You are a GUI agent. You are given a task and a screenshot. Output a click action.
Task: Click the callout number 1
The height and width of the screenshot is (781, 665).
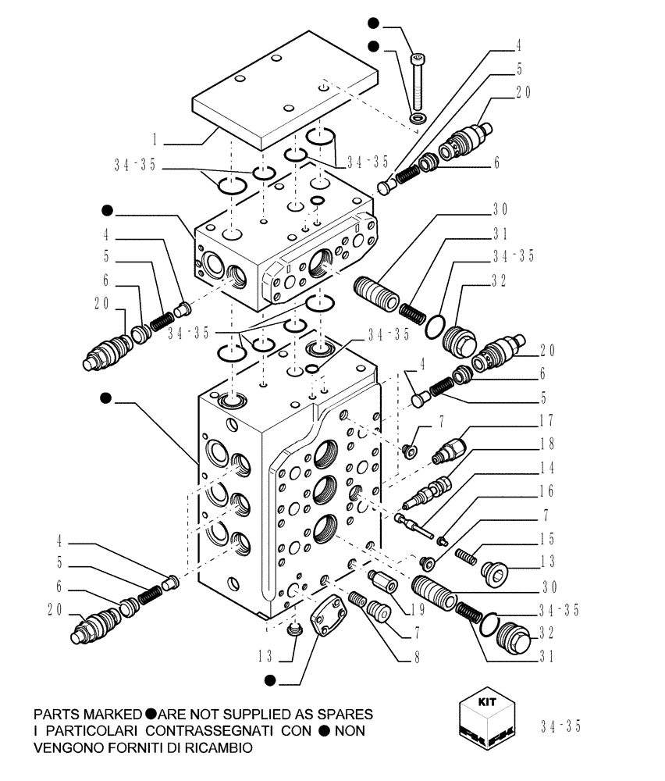pos(155,142)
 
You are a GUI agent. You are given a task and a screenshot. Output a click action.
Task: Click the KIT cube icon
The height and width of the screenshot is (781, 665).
pos(485,720)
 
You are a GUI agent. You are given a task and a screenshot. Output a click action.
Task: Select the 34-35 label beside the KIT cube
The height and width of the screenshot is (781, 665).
pos(560,726)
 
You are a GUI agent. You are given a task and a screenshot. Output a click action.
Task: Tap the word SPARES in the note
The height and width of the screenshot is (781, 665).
pos(340,715)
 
